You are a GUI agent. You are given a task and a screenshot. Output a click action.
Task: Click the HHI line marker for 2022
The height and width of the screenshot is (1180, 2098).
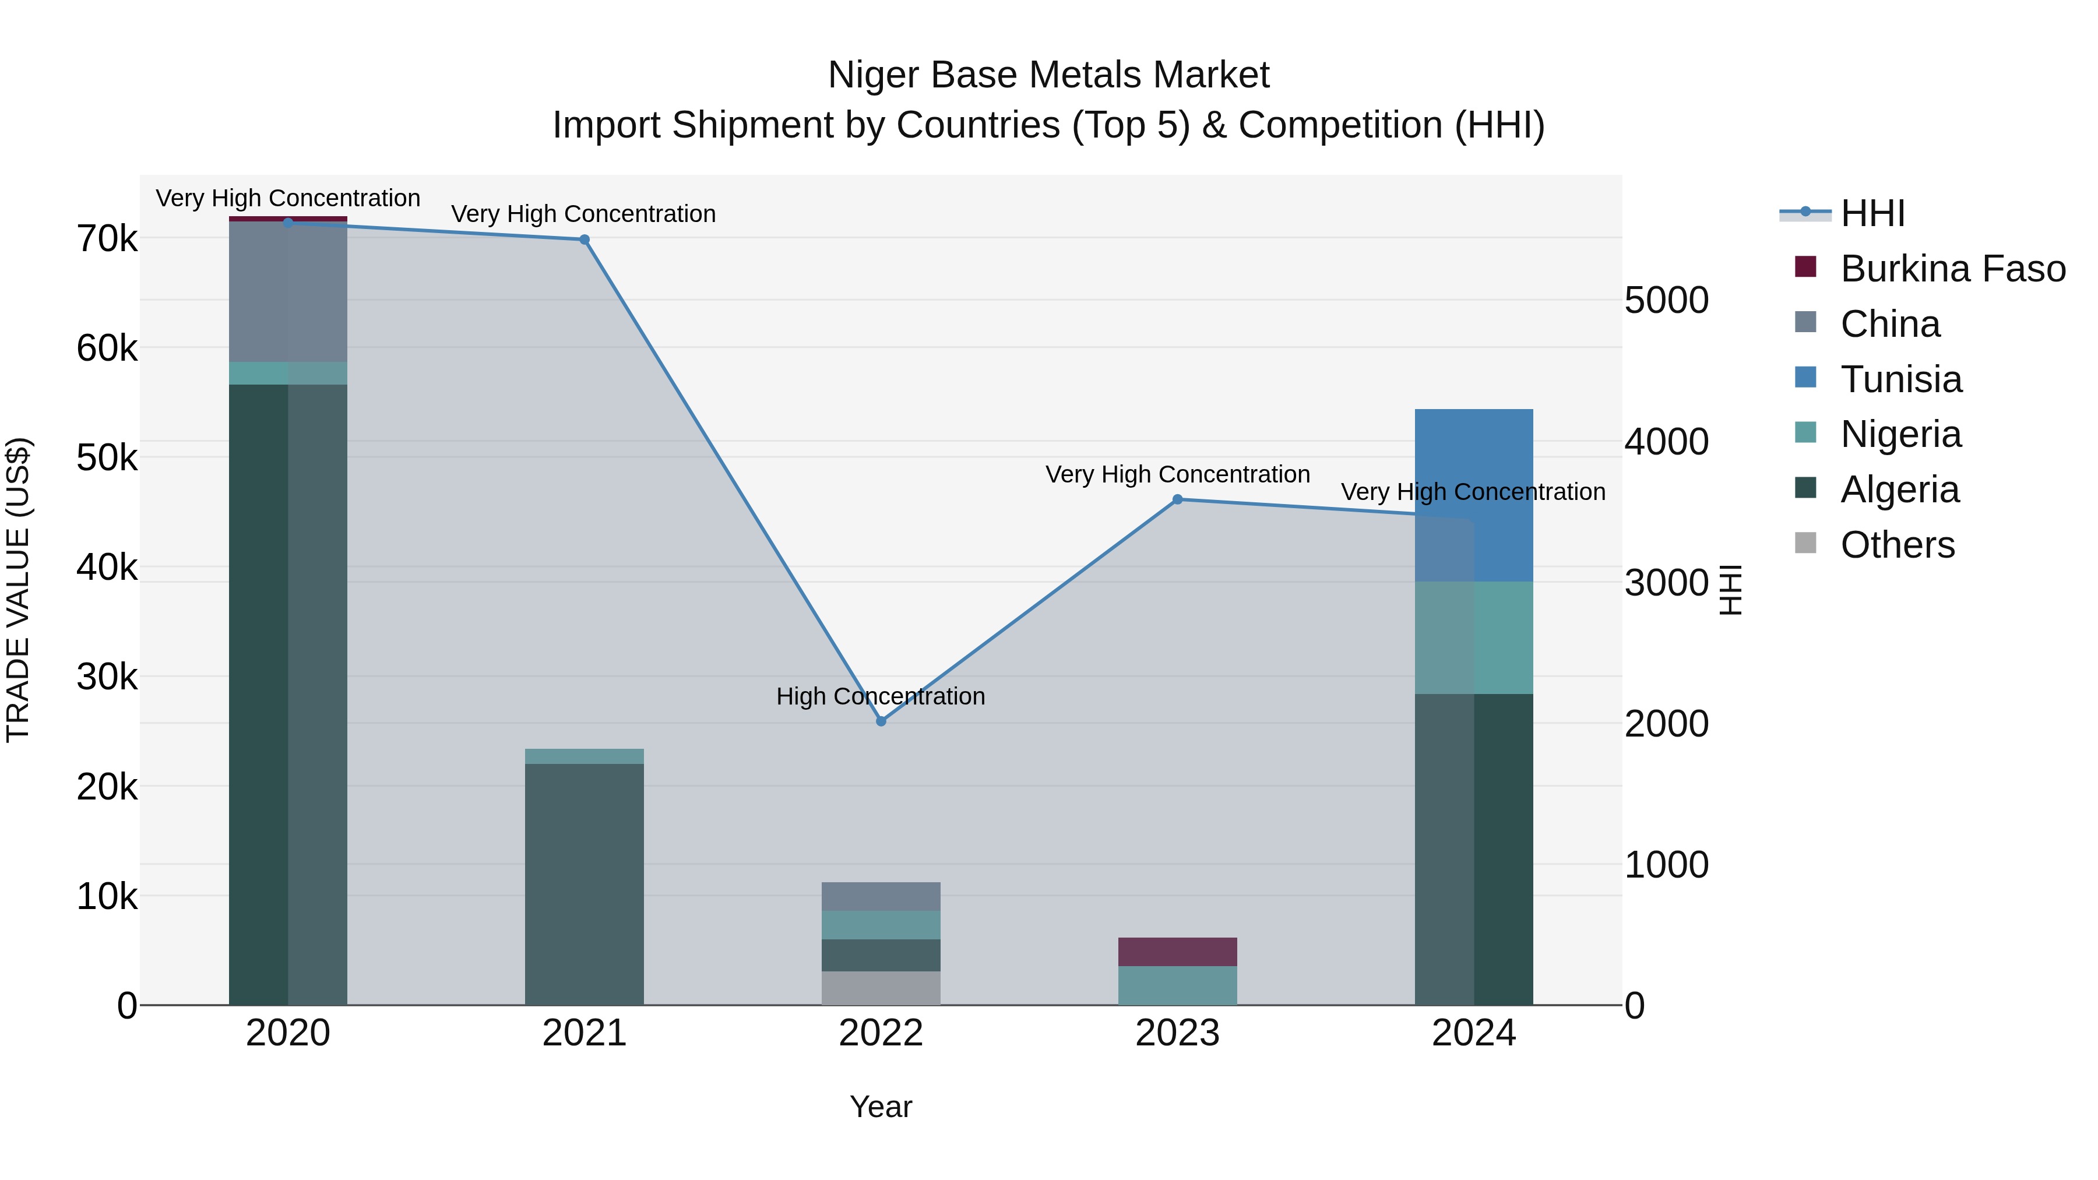[881, 721]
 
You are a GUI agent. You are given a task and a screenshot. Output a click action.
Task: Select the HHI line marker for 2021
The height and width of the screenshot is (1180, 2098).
[584, 239]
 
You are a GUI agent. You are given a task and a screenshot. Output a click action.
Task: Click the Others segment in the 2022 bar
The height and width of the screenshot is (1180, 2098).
[881, 987]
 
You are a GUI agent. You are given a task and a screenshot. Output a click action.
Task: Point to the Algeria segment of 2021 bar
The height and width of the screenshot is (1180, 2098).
[584, 883]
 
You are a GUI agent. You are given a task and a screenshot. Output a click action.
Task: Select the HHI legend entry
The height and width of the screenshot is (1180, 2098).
[1871, 213]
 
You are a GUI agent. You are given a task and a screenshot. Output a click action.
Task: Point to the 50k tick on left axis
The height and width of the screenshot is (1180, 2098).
[107, 457]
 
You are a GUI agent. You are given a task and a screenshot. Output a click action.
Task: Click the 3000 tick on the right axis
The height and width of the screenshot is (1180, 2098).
[1666, 583]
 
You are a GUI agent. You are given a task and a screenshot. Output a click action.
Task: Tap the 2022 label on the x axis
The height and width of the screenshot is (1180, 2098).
[881, 1033]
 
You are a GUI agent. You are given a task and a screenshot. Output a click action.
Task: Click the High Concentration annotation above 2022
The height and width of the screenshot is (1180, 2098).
[881, 696]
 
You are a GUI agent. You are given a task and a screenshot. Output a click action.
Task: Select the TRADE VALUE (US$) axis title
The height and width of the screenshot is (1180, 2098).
[18, 590]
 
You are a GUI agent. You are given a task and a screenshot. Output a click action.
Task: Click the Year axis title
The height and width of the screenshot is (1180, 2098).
[881, 1107]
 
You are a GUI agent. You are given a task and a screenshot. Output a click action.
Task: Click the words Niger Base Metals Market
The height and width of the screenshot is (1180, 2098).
[1048, 75]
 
